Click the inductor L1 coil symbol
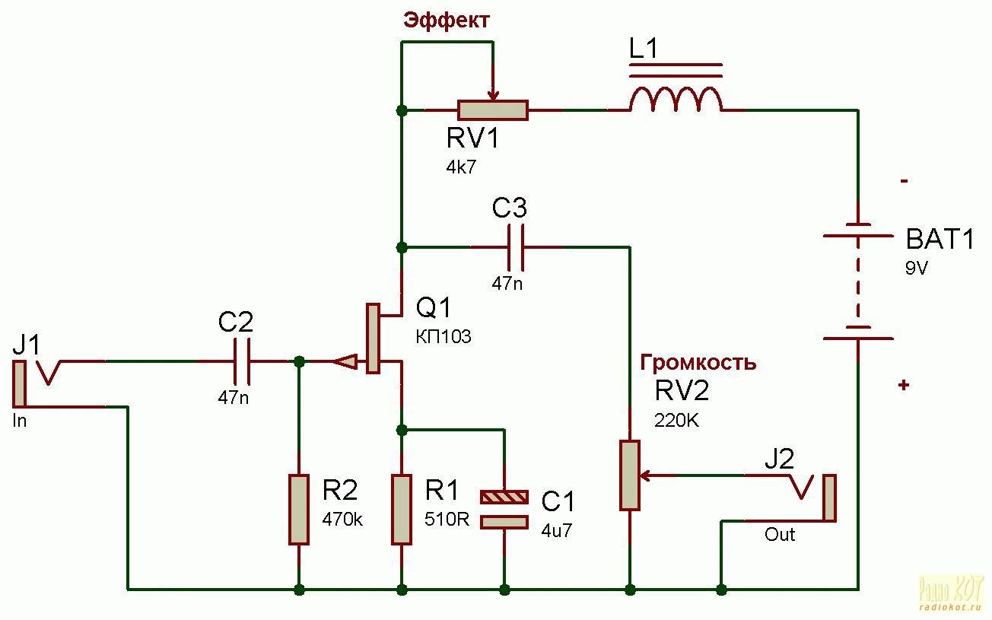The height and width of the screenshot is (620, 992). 676,98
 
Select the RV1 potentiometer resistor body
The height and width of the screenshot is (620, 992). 492,110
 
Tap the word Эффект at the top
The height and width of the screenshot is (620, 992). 446,21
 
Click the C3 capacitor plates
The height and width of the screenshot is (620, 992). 516,247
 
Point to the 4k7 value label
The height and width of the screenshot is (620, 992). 461,167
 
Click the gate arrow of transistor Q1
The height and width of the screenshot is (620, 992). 345,362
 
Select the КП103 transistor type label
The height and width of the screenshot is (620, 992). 444,336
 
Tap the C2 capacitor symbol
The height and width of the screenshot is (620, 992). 242,361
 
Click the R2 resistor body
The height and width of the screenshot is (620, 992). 299,509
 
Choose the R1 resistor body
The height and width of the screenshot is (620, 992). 401,509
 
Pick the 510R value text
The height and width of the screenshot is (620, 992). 447,519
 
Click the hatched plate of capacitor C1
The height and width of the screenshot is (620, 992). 504,497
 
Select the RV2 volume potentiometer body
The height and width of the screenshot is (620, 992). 629,475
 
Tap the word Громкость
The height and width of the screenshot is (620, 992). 698,362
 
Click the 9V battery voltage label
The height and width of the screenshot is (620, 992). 916,268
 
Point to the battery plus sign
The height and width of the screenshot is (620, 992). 904,385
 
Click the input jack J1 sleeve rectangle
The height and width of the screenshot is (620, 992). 19,384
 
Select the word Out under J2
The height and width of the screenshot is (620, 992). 780,535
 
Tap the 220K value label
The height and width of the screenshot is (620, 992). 676,421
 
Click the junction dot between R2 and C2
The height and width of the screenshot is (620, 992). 300,361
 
